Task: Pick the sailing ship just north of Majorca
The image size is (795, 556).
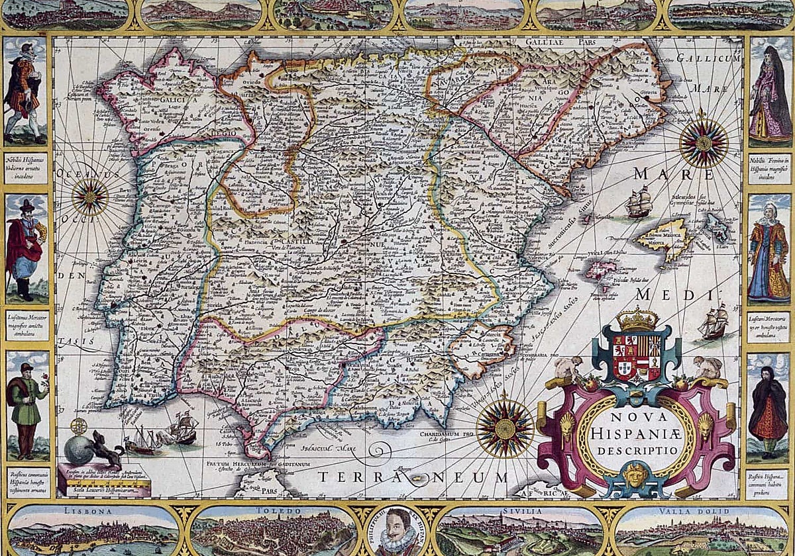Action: tap(639, 202)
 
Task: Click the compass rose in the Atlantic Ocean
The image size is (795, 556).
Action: tap(90, 197)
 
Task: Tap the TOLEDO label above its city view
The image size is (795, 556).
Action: tap(273, 511)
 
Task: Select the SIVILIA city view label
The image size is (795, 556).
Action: tap(520, 511)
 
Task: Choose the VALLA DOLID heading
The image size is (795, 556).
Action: tap(700, 511)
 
